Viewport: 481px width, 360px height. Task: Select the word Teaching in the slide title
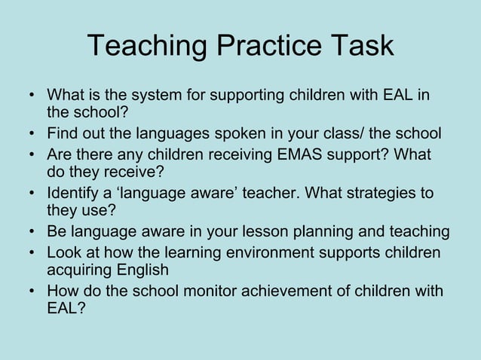[147, 46]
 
